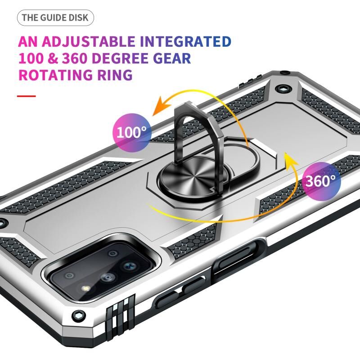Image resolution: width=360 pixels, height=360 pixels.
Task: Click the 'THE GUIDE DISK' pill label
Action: point(55,18)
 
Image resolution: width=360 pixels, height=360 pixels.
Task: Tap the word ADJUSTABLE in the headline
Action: point(88,41)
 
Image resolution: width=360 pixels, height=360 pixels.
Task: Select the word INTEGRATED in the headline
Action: point(185,41)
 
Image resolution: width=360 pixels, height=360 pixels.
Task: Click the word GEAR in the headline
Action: point(172,58)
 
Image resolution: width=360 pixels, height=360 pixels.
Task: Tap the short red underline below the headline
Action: point(27,96)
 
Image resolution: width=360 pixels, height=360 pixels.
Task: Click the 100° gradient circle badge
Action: point(132,133)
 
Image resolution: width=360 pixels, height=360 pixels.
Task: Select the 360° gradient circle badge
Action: point(321,181)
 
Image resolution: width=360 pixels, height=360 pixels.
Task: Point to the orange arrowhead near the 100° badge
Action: point(162,106)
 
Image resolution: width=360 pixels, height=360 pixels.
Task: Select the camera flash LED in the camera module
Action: point(85,288)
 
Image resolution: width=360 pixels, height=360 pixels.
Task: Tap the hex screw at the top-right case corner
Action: point(283,89)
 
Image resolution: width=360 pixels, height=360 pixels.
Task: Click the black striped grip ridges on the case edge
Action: point(121,312)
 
